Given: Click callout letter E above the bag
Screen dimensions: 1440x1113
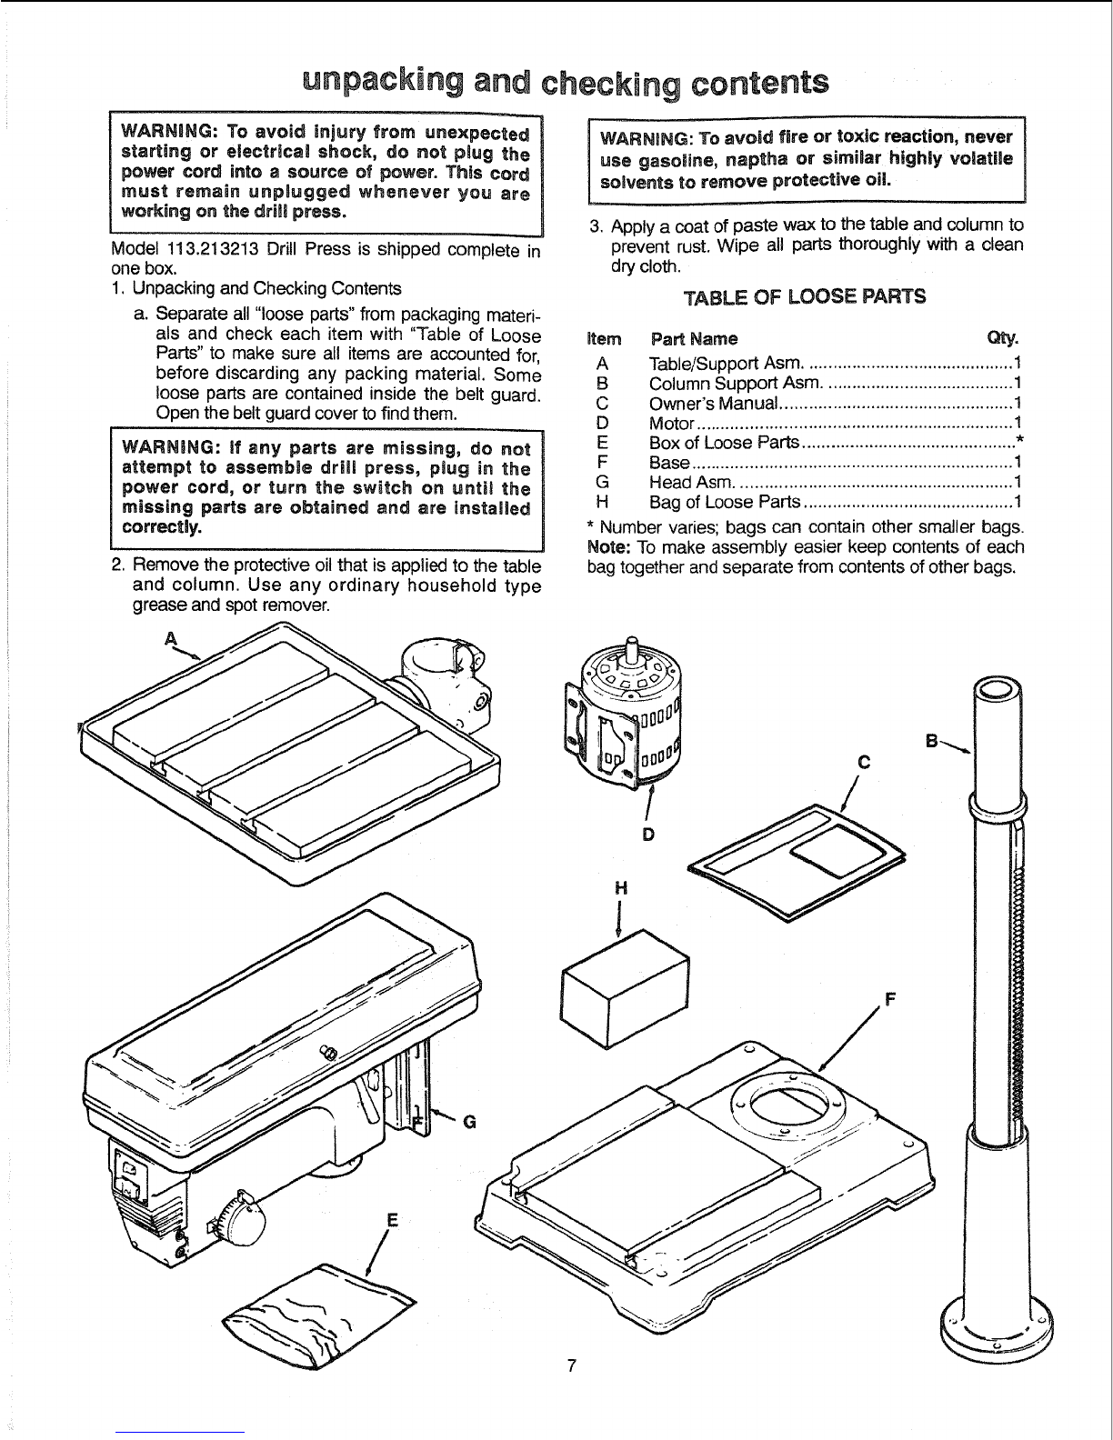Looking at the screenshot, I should (393, 1221).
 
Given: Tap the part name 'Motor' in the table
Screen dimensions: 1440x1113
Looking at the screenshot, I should (671, 424).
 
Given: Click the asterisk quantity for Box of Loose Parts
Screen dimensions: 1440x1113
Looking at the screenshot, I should (1018, 443).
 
